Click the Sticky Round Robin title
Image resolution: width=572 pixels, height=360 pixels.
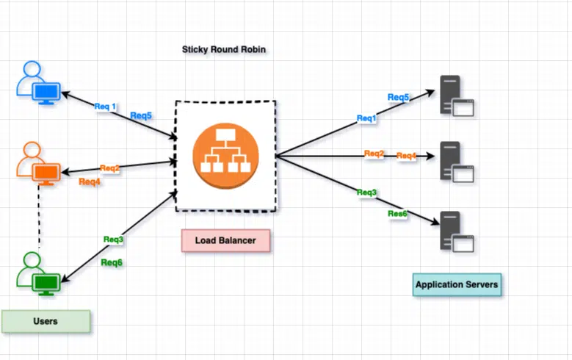[224, 49]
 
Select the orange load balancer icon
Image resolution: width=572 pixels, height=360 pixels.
[226, 156]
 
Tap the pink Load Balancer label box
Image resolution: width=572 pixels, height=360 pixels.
[226, 240]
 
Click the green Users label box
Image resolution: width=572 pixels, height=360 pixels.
[46, 321]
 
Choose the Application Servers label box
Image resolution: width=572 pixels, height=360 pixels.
[457, 284]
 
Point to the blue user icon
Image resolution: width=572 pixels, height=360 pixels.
[38, 83]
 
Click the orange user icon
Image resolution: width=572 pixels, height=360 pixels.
[38, 164]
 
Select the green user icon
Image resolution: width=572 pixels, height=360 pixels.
[38, 273]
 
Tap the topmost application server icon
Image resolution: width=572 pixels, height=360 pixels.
[457, 96]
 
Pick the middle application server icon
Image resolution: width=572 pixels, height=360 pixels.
[457, 162]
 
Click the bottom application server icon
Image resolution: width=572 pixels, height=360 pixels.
[457, 232]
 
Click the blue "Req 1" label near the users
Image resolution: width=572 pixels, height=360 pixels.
[105, 107]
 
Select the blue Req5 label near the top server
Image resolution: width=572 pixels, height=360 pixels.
[399, 97]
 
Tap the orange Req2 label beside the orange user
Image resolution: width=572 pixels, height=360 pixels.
[110, 168]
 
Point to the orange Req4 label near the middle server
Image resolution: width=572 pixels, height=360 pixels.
[406, 156]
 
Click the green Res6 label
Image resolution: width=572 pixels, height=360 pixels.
[397, 214]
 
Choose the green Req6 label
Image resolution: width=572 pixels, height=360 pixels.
[112, 262]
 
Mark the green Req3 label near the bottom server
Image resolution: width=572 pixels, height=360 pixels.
[366, 192]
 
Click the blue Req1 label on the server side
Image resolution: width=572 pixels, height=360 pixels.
[366, 118]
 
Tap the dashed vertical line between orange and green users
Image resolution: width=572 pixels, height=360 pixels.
[39, 215]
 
